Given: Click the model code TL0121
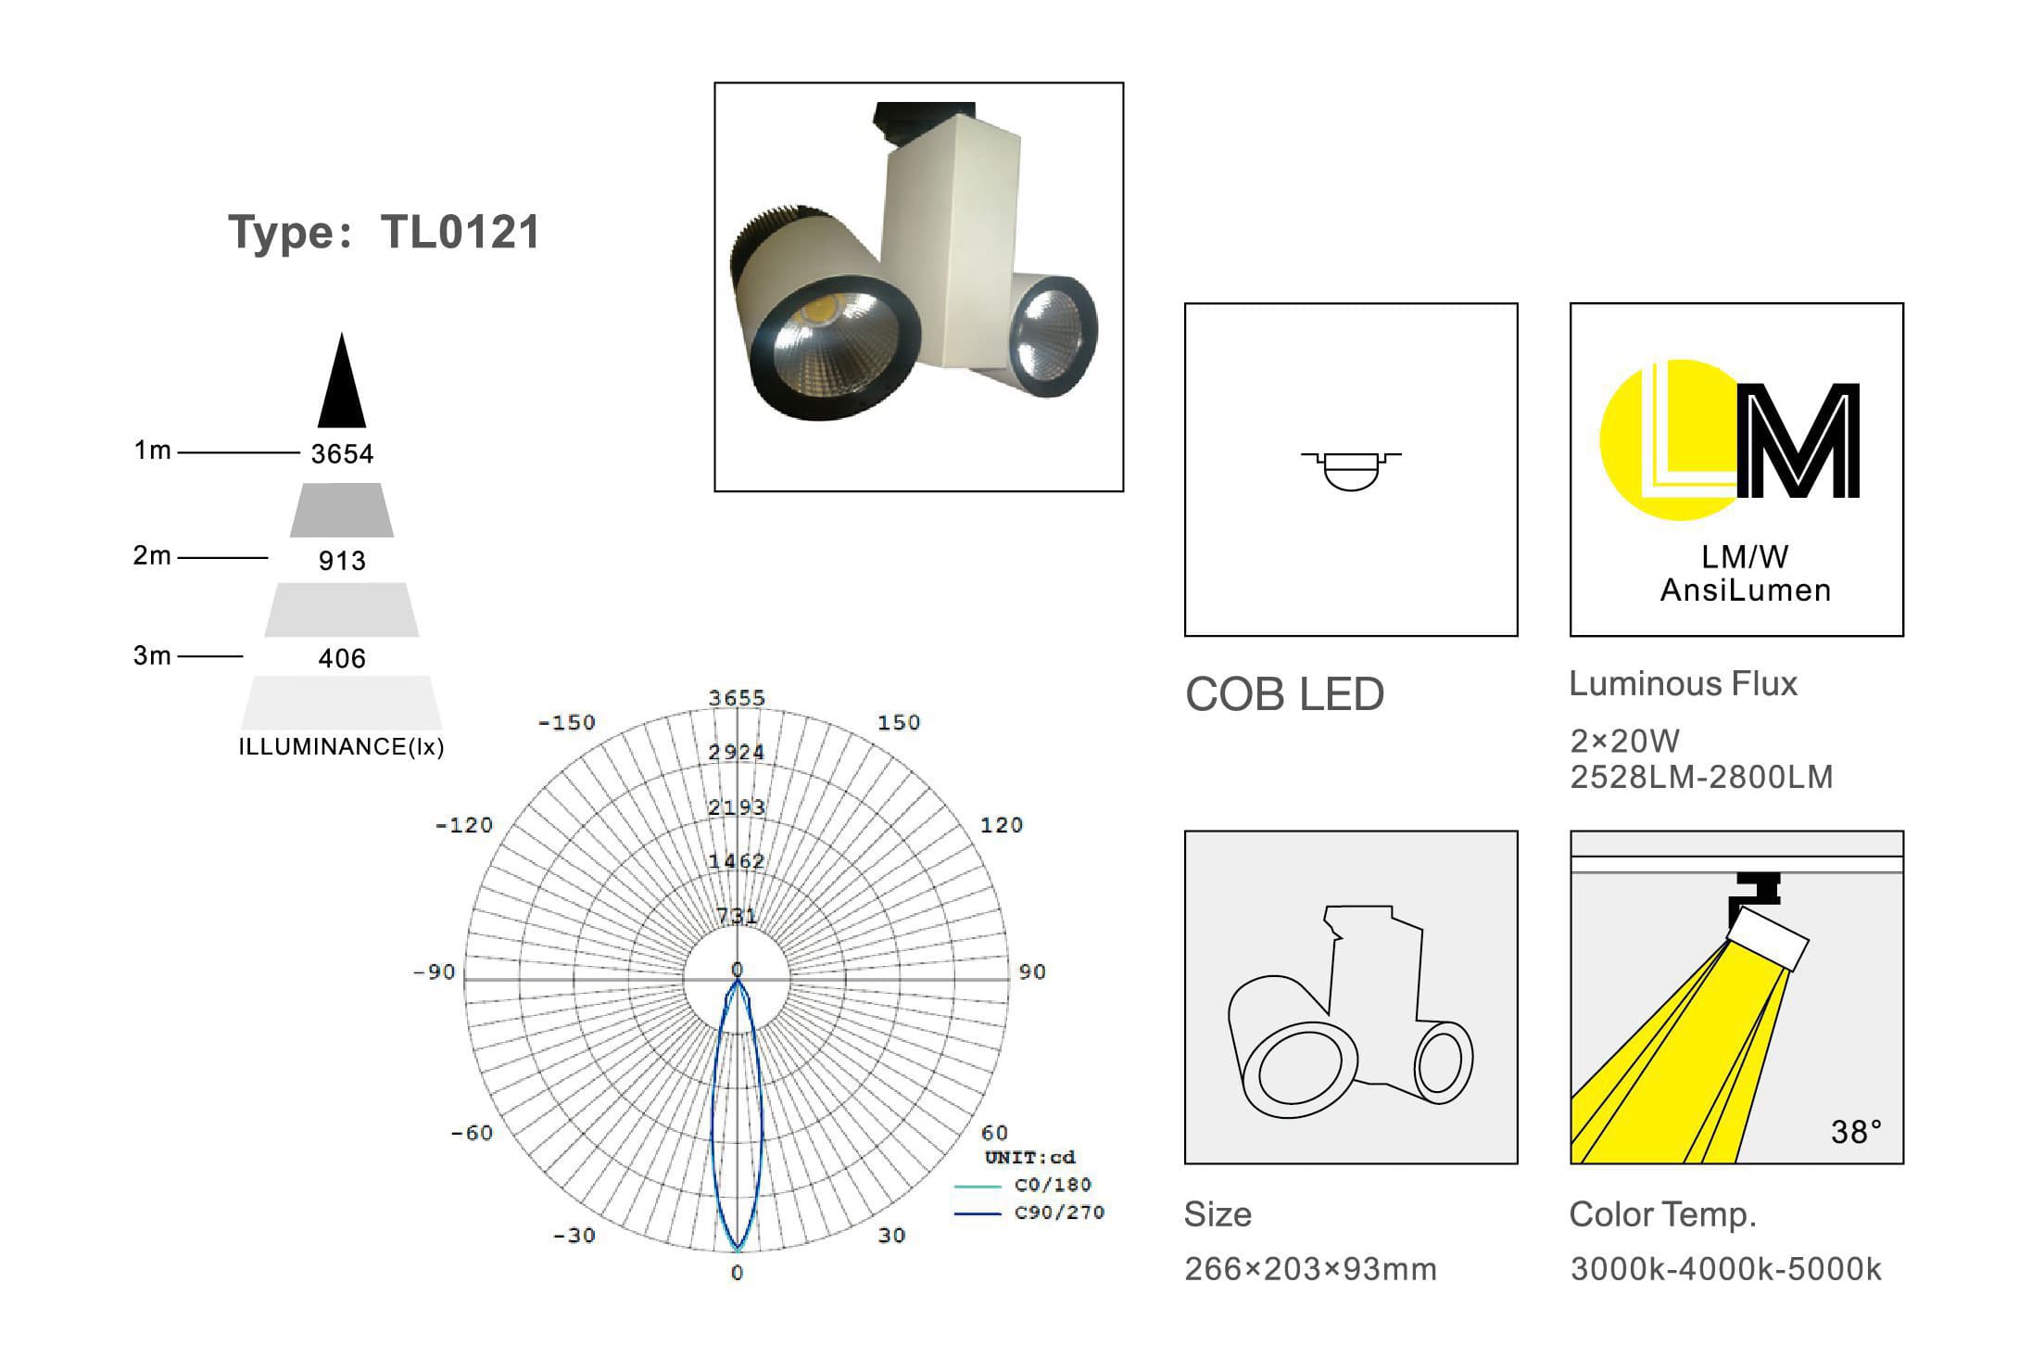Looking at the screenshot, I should pyautogui.click(x=460, y=232).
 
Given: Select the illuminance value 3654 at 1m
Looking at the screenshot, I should pyautogui.click(x=342, y=454).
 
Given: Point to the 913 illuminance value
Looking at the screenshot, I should pyautogui.click(x=342, y=561).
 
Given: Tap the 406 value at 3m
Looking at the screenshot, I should pyautogui.click(x=342, y=658).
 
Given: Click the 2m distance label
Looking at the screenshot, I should pyautogui.click(x=152, y=555).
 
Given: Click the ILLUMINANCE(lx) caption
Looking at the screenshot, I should pyautogui.click(x=341, y=747).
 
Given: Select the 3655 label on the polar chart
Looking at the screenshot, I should pyautogui.click(x=737, y=698).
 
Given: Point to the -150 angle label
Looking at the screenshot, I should pyautogui.click(x=567, y=722).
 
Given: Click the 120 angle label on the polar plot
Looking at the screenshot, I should pyautogui.click(x=1002, y=825).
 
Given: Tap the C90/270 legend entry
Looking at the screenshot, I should pyautogui.click(x=1059, y=1213).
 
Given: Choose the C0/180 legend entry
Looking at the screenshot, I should pyautogui.click(x=1053, y=1185).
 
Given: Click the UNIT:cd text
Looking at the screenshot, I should pyautogui.click(x=1029, y=1158).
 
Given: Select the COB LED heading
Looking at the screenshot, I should pyautogui.click(x=1284, y=694).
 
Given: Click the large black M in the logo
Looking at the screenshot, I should pyautogui.click(x=1798, y=441).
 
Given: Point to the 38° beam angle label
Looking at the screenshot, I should pyautogui.click(x=1856, y=1132).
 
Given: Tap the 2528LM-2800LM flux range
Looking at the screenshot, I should pyautogui.click(x=1701, y=777).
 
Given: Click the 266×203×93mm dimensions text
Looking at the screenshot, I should pyautogui.click(x=1310, y=1269).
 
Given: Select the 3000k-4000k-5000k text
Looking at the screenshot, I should pyautogui.click(x=1725, y=1269).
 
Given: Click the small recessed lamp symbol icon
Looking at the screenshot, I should pyautogui.click(x=1351, y=470).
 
